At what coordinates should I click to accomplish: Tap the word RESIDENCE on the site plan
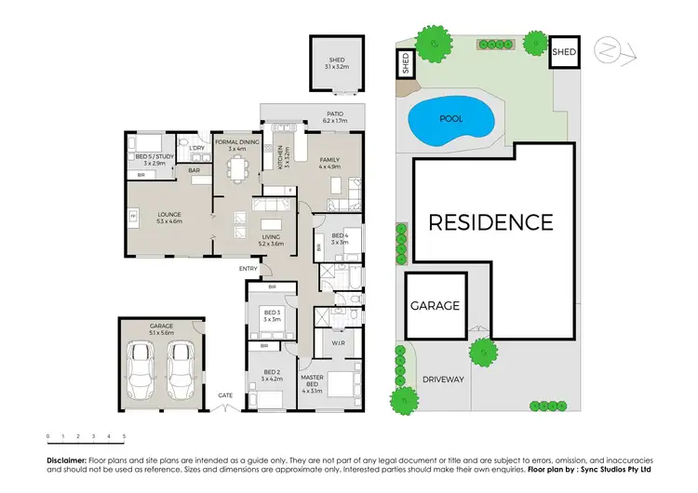(x=490, y=222)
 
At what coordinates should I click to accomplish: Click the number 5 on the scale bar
(x=124, y=435)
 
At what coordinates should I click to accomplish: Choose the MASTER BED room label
(x=312, y=380)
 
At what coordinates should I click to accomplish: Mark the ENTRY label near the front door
(x=248, y=270)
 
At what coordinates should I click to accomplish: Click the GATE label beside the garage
(x=225, y=395)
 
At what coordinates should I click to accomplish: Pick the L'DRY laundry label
(x=197, y=149)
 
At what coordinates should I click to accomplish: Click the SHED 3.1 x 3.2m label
(x=336, y=63)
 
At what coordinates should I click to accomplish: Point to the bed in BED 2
(x=271, y=397)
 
